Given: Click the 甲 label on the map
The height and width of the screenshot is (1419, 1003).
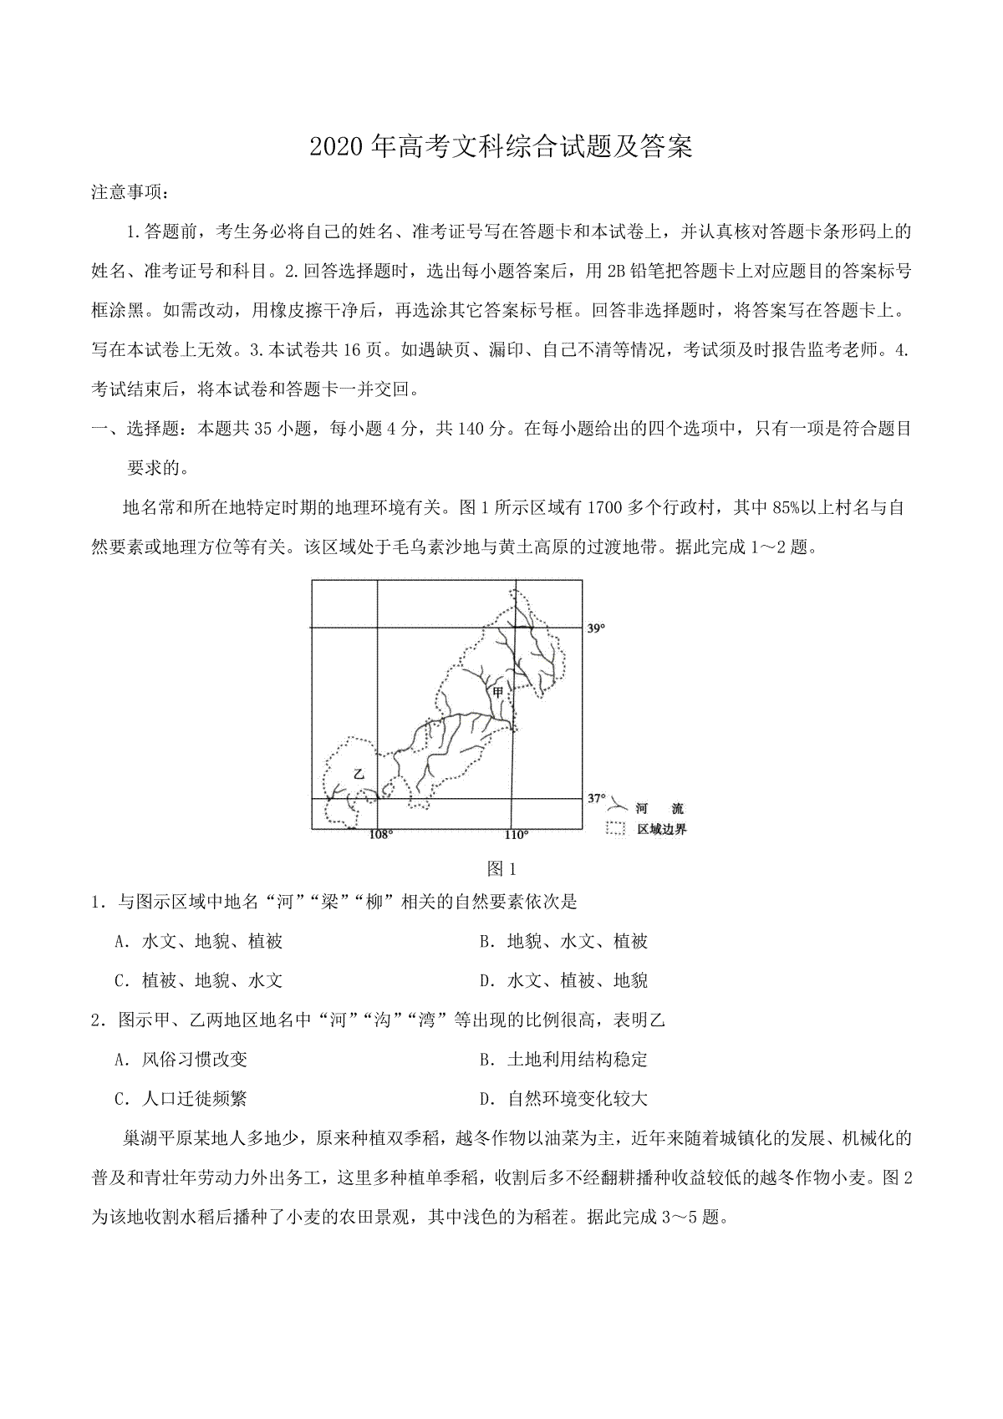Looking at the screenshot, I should tap(498, 692).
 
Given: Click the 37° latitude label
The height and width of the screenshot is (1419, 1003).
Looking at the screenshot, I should tap(595, 799).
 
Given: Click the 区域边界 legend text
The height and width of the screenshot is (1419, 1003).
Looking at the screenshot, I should tap(661, 830).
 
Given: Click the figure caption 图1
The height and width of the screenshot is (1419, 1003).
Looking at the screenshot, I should tap(501, 869).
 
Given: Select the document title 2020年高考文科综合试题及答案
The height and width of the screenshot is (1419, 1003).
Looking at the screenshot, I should tap(501, 147).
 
